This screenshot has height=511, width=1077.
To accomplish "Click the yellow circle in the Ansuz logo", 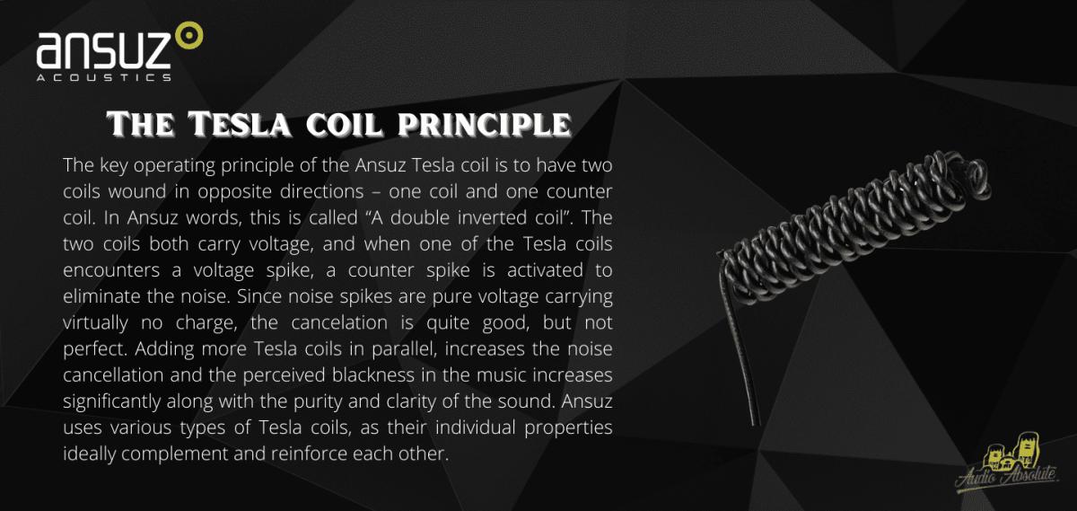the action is (189, 35).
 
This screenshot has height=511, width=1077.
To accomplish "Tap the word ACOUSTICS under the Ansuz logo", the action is (104, 77).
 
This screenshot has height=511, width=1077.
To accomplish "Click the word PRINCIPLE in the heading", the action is (485, 124).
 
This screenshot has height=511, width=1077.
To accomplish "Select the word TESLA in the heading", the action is (239, 124).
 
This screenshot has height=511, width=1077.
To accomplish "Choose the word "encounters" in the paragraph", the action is (111, 270).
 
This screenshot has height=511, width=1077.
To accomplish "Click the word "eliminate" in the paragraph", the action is (101, 296).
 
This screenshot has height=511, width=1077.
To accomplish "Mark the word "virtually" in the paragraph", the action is (95, 323).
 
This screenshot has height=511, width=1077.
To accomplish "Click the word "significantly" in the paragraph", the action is (111, 401).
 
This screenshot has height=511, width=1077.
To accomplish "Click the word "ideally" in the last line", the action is (90, 454).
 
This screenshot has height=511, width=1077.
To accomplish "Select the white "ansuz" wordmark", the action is (103, 50).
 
